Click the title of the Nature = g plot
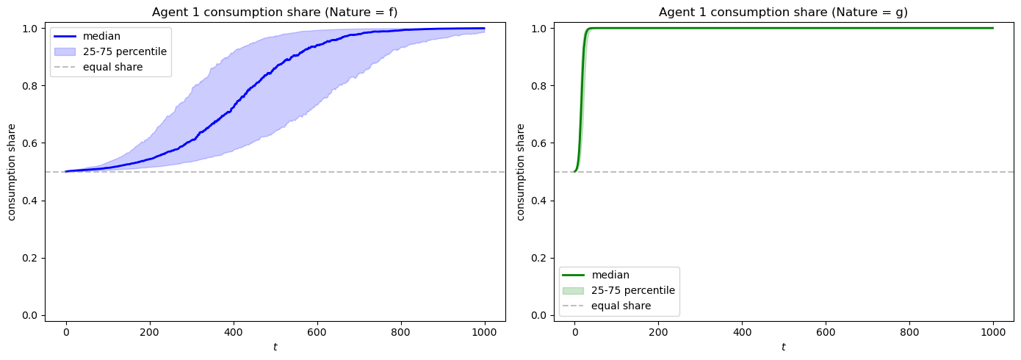[783, 12]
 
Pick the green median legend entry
[610, 275]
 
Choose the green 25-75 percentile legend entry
[632, 290]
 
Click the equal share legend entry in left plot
[109, 66]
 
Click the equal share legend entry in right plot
[621, 306]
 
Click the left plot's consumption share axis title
[12, 172]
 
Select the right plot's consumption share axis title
[521, 172]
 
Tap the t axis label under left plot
[275, 347]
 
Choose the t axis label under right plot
[783, 347]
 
